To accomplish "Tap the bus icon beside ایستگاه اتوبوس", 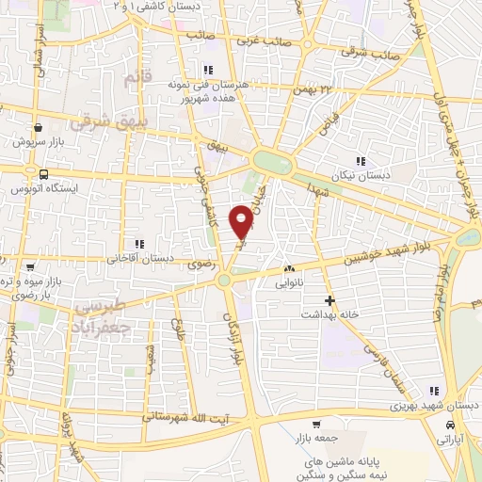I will [43, 174].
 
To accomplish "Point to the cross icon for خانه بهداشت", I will [329, 301].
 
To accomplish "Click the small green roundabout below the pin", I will [224, 280].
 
